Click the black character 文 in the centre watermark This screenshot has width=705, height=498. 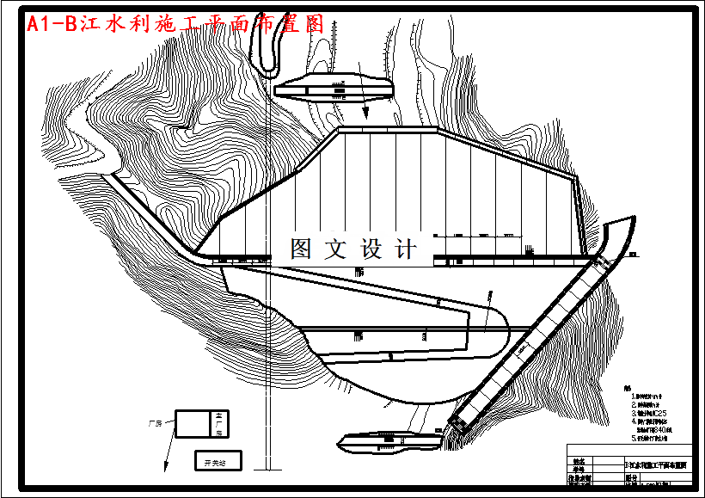click(334, 249)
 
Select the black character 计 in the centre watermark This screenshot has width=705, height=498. click(404, 249)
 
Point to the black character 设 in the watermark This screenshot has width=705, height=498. click(370, 249)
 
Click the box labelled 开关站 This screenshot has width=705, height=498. click(218, 462)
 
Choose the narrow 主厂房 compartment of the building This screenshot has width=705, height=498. click(219, 423)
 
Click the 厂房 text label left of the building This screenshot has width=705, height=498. click(155, 424)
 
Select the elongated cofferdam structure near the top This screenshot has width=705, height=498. click(334, 87)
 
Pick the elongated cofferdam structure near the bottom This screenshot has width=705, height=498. click(391, 442)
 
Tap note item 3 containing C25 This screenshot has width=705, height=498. click(648, 413)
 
